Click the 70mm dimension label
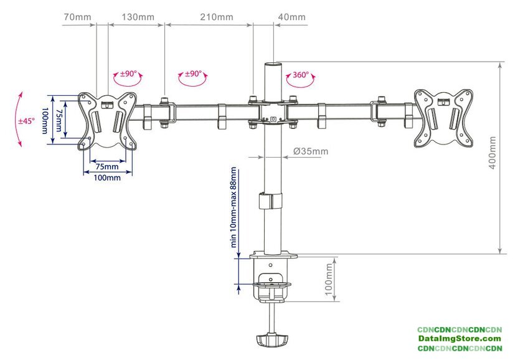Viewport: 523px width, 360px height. click(x=77, y=17)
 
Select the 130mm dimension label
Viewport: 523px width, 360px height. click(x=138, y=17)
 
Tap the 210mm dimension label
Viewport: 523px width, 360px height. click(x=217, y=17)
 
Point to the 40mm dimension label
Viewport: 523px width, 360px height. click(x=292, y=17)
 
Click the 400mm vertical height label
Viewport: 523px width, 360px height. click(x=493, y=153)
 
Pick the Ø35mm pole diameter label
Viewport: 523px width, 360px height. click(x=311, y=151)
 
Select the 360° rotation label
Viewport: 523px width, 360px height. click(x=301, y=75)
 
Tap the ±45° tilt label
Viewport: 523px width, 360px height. click(x=26, y=121)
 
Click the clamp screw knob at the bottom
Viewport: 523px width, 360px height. click(x=272, y=340)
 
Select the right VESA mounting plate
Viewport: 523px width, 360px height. click(x=443, y=118)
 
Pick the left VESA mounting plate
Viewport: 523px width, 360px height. click(x=107, y=121)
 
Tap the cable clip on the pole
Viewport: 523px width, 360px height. click(x=270, y=201)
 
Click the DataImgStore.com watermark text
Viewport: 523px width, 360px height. click(x=460, y=339)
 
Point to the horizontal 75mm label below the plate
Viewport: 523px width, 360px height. click(x=107, y=166)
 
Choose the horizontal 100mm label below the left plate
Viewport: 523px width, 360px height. click(x=107, y=178)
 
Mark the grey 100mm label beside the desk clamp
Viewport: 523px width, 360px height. click(x=329, y=279)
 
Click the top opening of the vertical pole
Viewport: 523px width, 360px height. click(x=273, y=63)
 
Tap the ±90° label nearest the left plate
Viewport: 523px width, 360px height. click(x=128, y=73)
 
